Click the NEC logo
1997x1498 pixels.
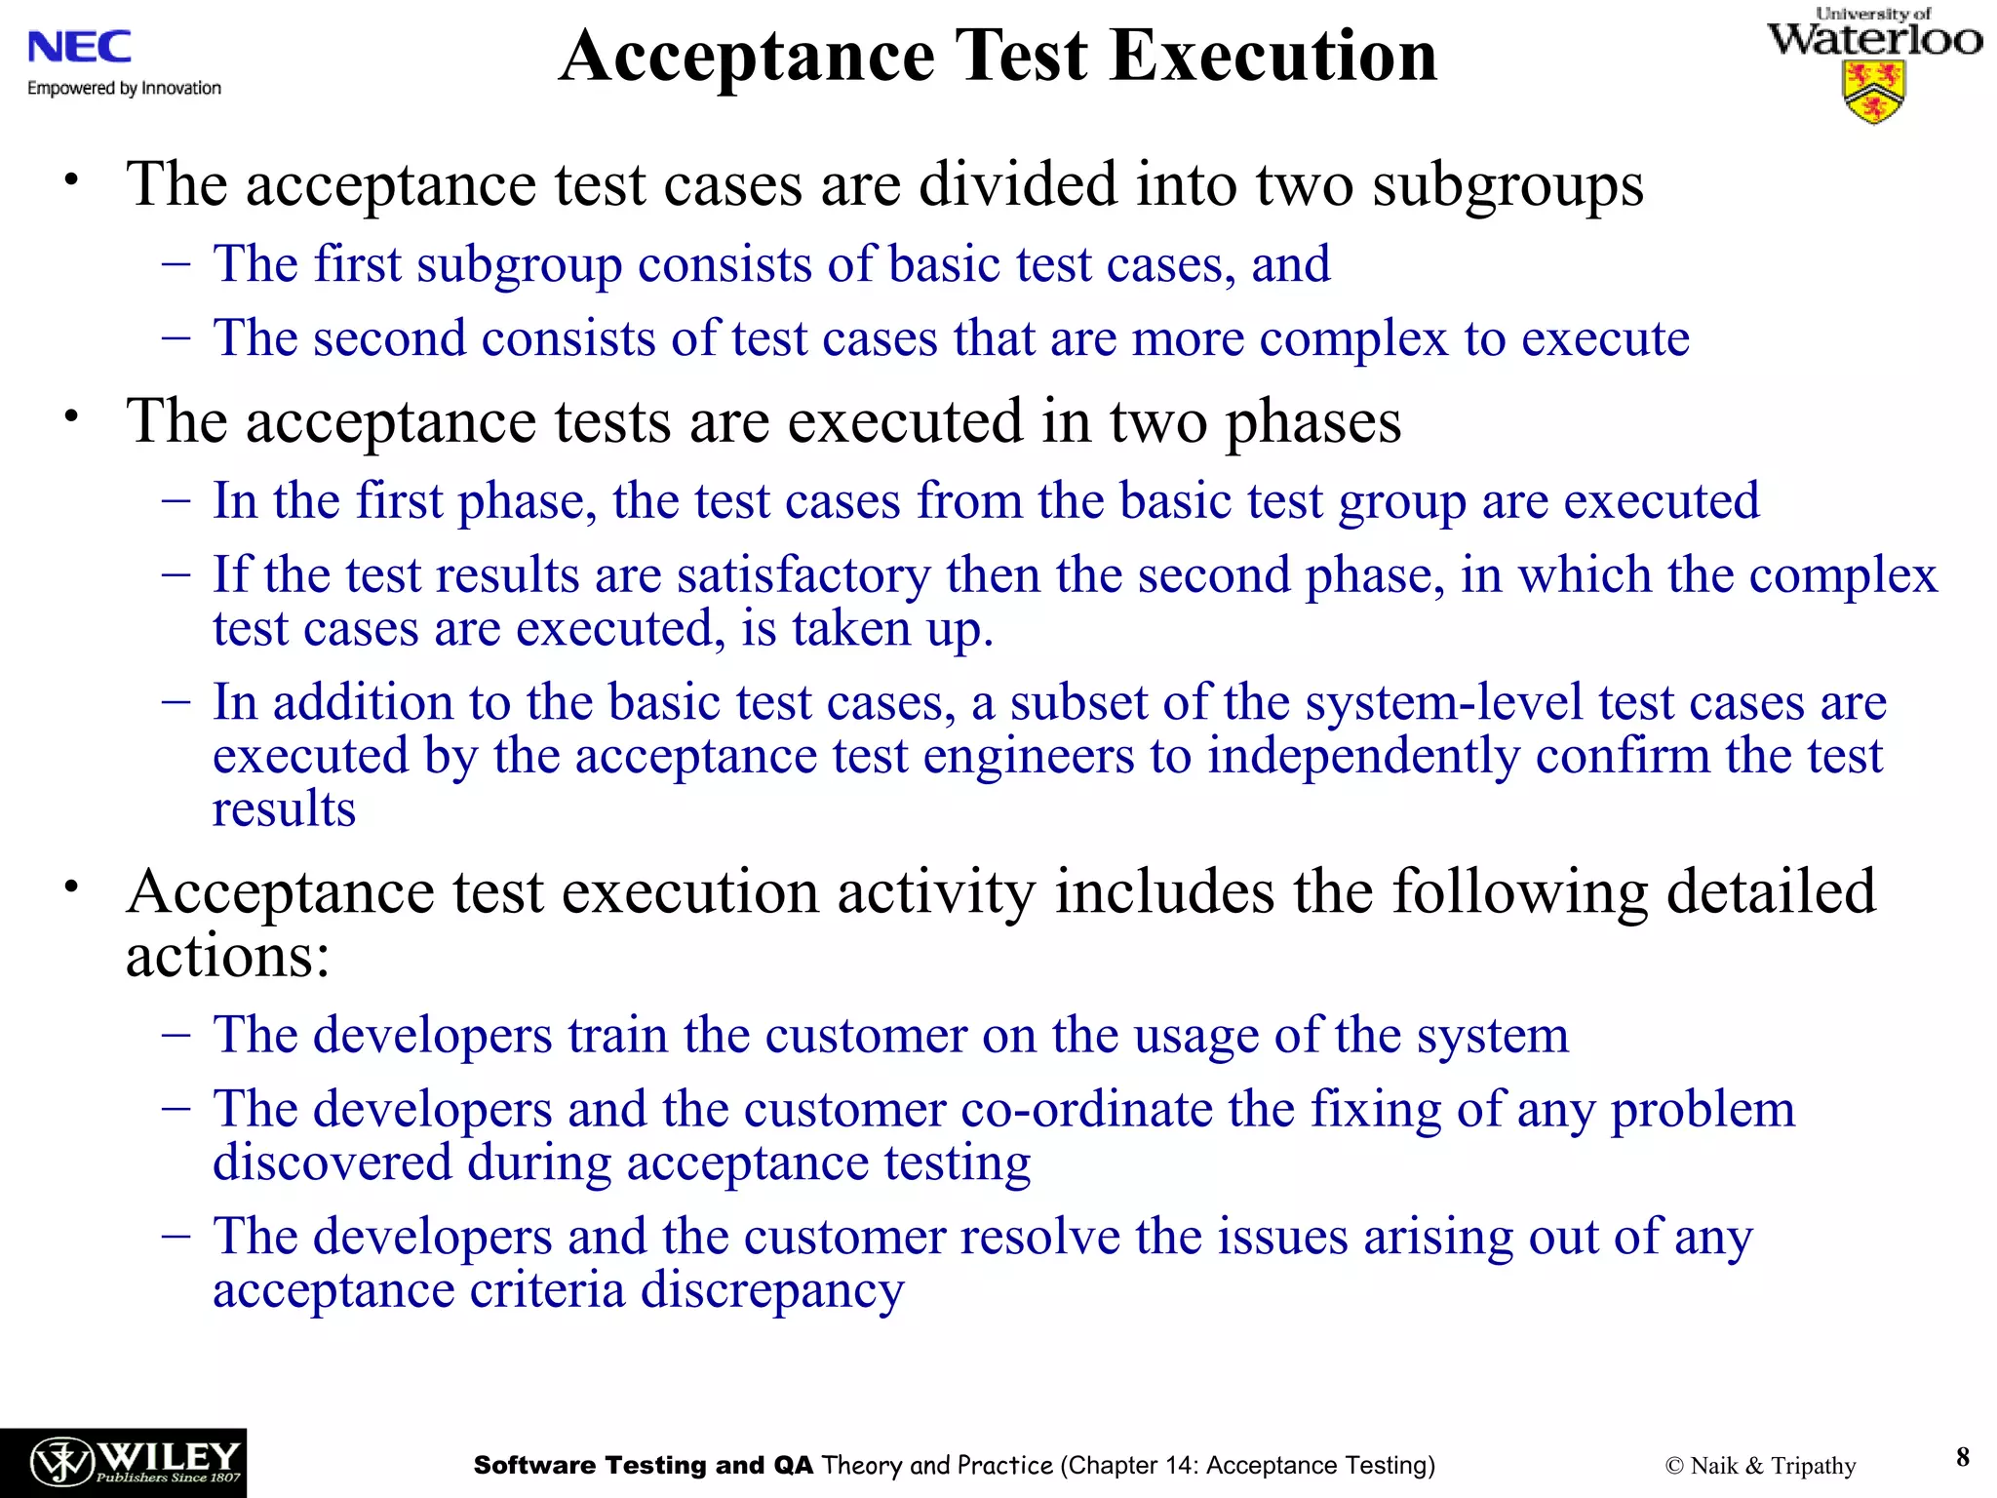[x=79, y=47]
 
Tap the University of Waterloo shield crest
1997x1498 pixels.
[x=1873, y=92]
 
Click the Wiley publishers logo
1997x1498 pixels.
[x=123, y=1462]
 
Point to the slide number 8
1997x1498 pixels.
[x=1962, y=1457]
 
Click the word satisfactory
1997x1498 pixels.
[x=803, y=574]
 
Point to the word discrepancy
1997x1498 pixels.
[x=771, y=1290]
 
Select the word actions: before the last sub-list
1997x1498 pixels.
[x=228, y=955]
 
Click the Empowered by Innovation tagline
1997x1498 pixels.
[x=124, y=88]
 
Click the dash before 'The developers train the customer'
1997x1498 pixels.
[x=176, y=1035]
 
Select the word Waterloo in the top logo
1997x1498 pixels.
[x=1874, y=40]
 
